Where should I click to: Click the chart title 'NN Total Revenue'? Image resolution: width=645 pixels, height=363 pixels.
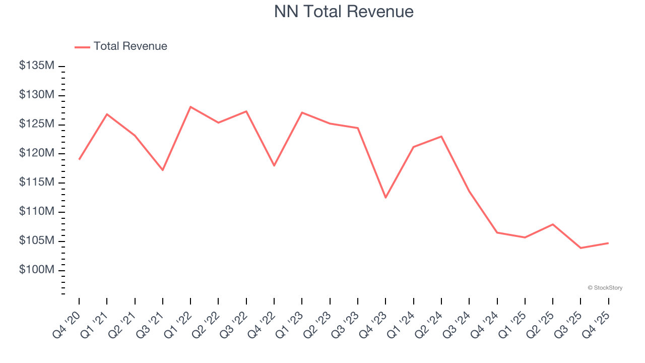click(x=344, y=12)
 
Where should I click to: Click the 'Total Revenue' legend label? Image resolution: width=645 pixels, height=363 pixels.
click(x=130, y=46)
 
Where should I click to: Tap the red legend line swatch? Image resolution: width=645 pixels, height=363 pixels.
click(x=82, y=47)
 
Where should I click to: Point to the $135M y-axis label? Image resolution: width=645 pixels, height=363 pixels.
click(x=37, y=66)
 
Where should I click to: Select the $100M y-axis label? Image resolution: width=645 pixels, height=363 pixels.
click(x=37, y=270)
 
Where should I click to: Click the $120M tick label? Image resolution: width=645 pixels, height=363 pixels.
click(x=37, y=153)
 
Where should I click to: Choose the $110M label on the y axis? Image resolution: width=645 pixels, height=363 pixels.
click(x=37, y=212)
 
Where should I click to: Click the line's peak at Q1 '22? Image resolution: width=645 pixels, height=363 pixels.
click(x=190, y=107)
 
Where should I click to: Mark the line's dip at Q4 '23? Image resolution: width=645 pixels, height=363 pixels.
click(x=385, y=198)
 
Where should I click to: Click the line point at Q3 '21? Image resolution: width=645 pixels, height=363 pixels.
click(x=162, y=170)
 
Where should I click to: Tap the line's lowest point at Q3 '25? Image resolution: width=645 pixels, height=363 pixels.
click(x=580, y=248)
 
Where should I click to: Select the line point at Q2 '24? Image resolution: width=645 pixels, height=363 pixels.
click(x=441, y=136)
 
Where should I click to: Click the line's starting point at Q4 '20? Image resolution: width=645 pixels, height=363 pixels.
click(x=79, y=159)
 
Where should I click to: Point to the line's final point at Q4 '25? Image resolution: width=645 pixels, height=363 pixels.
click(x=608, y=243)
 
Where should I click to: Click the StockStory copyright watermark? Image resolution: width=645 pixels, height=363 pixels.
click(x=605, y=288)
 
